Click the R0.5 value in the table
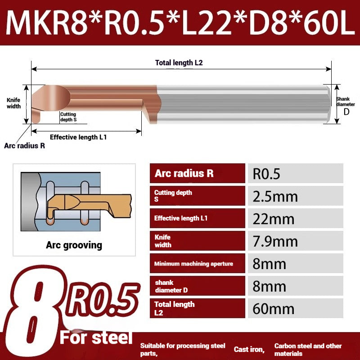[x=266, y=174]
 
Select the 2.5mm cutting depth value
[x=275, y=197]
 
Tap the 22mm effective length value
[x=273, y=219]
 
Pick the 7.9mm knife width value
[x=275, y=242]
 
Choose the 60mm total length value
[x=273, y=309]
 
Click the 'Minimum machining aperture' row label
[x=193, y=264]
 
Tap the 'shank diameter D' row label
[x=171, y=286]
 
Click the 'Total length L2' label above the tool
[x=179, y=63]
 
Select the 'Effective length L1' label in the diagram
[x=78, y=137]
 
